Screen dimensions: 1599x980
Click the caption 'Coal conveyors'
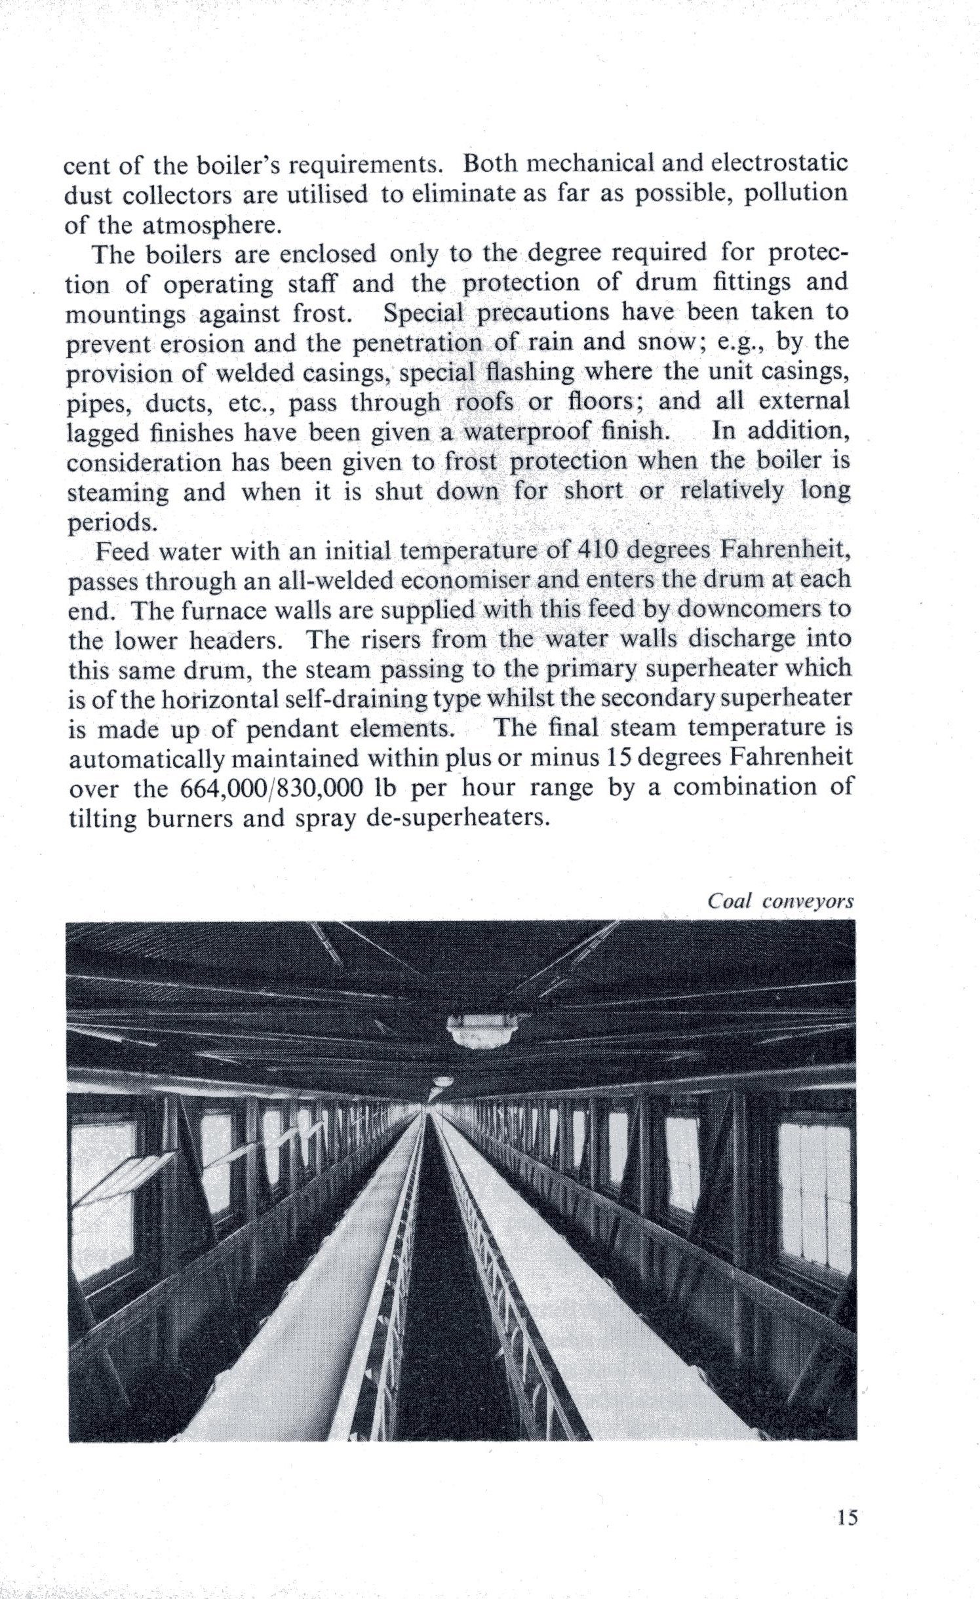[780, 901]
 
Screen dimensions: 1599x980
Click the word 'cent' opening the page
[87, 164]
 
